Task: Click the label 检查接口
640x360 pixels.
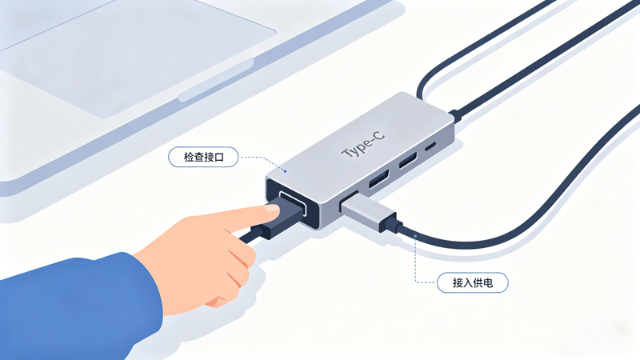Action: (203, 158)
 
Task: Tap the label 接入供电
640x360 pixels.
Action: (472, 282)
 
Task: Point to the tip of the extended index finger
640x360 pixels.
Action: (274, 210)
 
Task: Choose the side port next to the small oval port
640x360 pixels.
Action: (407, 162)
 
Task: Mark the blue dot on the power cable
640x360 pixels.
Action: (416, 234)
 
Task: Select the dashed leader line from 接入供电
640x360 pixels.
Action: (416, 264)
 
